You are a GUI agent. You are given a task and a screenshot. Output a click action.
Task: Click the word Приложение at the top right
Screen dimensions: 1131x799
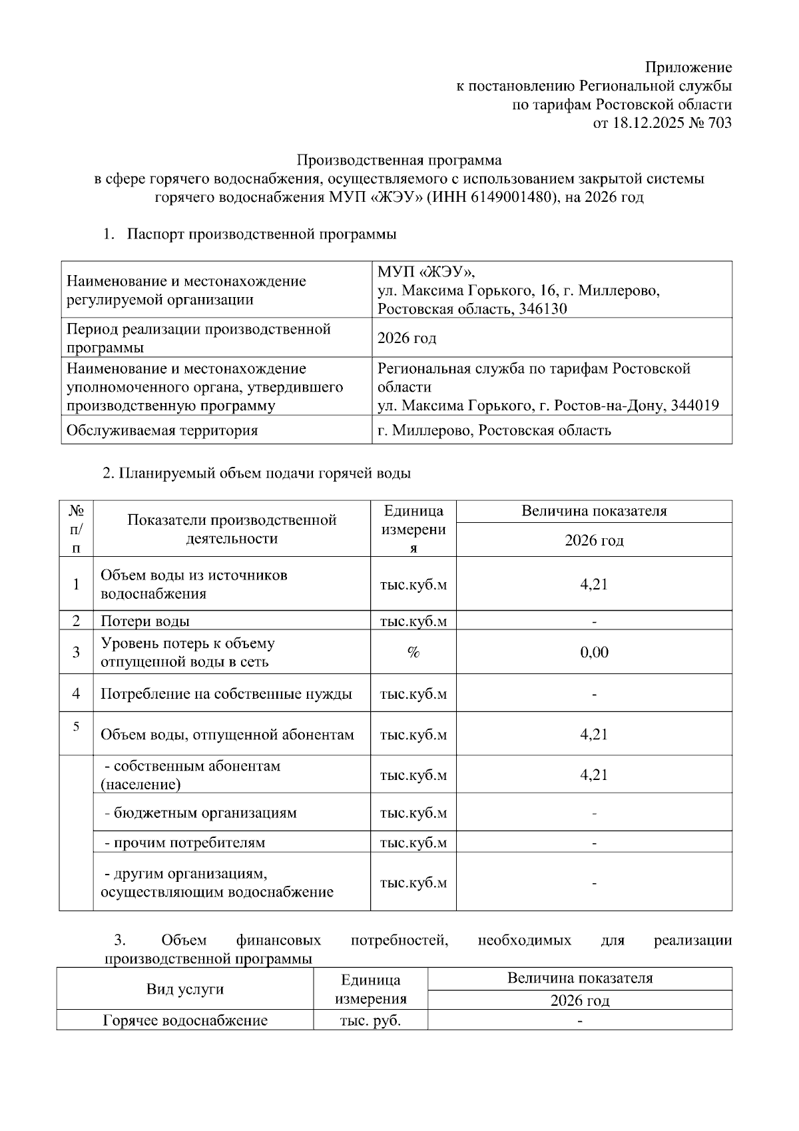(x=688, y=68)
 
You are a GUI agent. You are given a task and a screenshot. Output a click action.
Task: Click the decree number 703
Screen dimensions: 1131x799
(x=719, y=123)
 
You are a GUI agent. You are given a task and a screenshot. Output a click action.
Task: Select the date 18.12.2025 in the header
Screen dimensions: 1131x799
(x=647, y=123)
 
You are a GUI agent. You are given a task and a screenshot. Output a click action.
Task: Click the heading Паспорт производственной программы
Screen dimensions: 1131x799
(x=262, y=234)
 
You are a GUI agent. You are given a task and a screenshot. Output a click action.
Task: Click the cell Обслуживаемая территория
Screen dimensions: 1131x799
(x=162, y=430)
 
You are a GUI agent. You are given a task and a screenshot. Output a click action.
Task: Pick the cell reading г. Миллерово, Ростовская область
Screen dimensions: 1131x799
(x=494, y=430)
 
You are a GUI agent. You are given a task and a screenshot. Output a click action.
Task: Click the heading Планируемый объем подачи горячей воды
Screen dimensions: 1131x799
(x=257, y=474)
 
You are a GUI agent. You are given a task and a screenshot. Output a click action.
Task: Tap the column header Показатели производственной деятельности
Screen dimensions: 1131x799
(x=232, y=529)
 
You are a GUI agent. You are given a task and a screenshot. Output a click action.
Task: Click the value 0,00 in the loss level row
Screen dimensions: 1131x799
(x=594, y=652)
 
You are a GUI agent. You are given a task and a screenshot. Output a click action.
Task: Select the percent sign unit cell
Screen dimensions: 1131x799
(x=413, y=652)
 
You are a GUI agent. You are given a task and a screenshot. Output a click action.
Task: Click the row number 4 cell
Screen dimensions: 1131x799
(x=77, y=693)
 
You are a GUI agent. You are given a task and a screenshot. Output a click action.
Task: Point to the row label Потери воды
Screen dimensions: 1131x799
(x=145, y=621)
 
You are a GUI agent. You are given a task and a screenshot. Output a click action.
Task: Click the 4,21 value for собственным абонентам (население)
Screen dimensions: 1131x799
(x=594, y=775)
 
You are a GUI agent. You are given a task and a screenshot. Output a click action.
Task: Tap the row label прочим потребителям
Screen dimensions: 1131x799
(x=185, y=843)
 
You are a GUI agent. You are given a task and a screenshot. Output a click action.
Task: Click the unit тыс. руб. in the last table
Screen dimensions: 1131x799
(x=370, y=1020)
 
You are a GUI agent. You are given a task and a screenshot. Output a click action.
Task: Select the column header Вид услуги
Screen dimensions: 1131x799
(x=184, y=989)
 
